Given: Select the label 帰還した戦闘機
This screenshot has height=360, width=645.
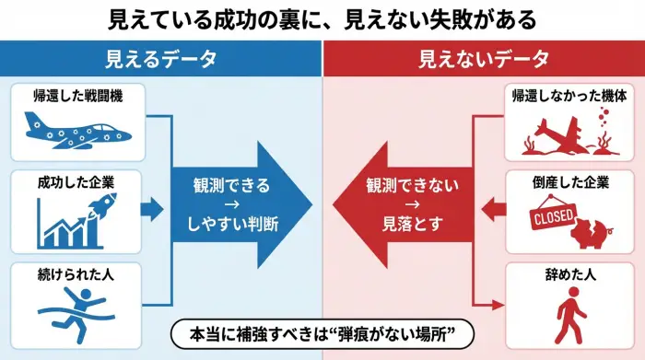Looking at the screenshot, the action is pos(76,95).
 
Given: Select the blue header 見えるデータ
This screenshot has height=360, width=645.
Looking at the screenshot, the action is pos(161,59).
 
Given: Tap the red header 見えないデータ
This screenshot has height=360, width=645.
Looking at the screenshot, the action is pos(483,59).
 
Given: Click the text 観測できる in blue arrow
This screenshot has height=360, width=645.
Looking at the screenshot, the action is pos(231,184).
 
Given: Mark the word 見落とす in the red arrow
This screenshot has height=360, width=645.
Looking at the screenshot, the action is pos(411,222).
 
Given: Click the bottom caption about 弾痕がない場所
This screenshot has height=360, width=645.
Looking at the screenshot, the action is pos(322,332).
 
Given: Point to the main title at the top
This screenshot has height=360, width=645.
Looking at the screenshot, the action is pos(322,18).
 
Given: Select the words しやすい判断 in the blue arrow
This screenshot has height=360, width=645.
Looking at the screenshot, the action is pos(231,222).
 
